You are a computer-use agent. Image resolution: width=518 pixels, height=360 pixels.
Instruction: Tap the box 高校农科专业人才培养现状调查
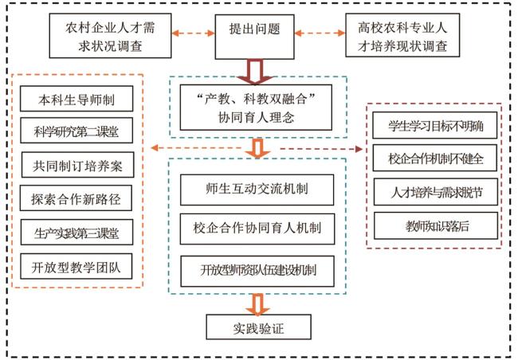[x=402, y=36]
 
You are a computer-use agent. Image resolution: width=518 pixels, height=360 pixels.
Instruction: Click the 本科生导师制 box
[x=77, y=100]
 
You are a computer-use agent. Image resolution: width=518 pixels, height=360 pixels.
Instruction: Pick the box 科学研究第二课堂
[x=77, y=133]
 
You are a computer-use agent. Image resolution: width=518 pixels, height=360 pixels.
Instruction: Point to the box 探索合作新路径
[x=77, y=198]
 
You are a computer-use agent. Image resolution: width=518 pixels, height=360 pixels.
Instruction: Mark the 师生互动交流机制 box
[x=256, y=192]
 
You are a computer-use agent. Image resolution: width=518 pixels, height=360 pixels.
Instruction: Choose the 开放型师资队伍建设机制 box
[x=256, y=269]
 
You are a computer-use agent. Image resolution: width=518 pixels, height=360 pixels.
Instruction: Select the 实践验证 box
[x=256, y=327]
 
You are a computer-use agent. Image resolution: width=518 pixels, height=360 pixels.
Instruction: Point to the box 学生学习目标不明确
[x=434, y=126]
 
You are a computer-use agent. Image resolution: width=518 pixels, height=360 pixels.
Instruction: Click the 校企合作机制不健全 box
[x=434, y=158]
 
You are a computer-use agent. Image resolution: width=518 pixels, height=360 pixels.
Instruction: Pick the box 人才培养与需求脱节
[x=434, y=193]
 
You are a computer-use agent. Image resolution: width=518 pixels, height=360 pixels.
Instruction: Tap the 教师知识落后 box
[x=434, y=225]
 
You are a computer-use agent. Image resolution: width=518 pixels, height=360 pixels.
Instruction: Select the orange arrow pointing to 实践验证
[x=257, y=303]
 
